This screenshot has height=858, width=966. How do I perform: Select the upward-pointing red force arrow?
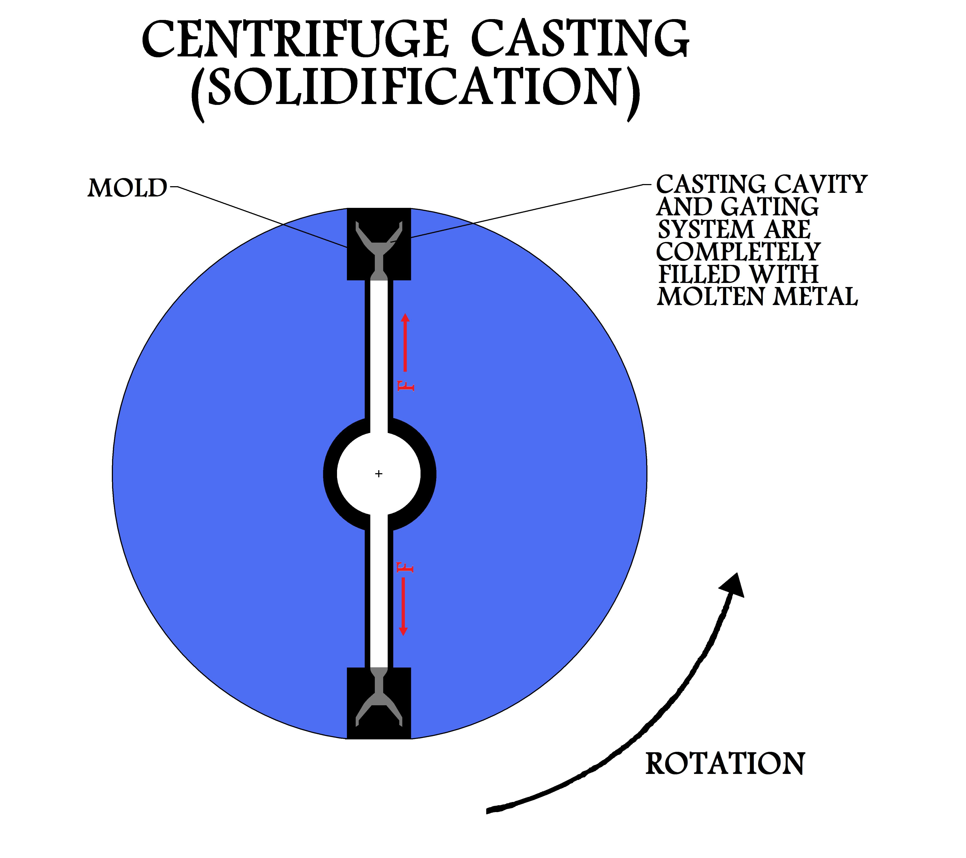[405, 342]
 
